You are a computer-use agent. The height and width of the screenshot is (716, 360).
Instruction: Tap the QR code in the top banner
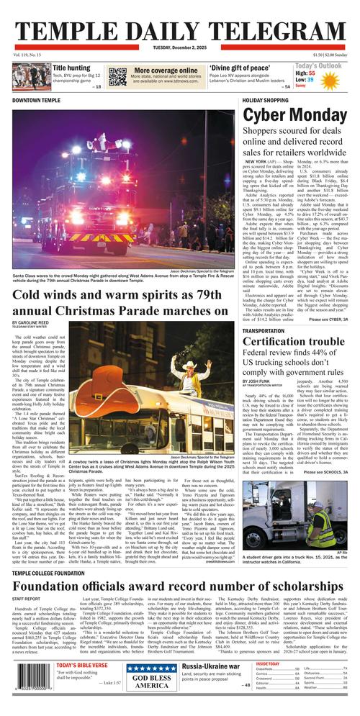click(117, 75)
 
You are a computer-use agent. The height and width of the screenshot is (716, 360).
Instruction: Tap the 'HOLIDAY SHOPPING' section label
click(266, 100)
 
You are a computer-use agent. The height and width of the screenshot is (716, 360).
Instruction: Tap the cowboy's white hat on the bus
click(186, 366)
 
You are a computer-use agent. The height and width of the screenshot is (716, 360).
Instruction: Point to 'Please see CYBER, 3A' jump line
click(328, 320)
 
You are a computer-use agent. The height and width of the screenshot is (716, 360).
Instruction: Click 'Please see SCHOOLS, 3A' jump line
click(325, 472)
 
